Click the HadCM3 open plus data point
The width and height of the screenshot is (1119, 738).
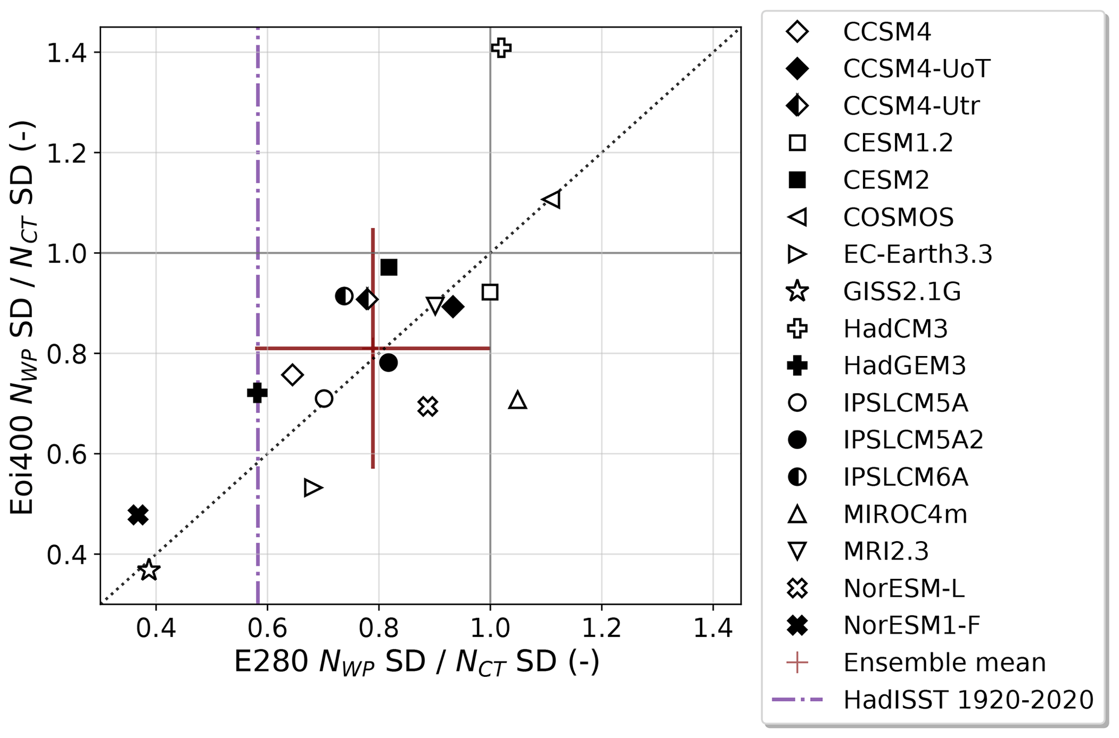pos(501,48)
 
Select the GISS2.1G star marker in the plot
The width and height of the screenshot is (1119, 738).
pos(149,570)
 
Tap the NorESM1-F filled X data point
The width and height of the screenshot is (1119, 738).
pos(138,515)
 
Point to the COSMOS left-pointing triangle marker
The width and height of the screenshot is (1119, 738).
pos(552,200)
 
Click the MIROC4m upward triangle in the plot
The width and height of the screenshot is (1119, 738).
pos(518,400)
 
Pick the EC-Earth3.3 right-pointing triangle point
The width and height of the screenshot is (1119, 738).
pos(312,487)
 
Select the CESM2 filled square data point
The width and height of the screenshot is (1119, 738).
pos(389,267)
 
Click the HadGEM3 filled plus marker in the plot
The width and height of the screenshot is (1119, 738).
pos(257,393)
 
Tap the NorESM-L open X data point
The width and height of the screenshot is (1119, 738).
pos(428,406)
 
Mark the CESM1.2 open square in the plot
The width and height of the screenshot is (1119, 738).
pos(490,292)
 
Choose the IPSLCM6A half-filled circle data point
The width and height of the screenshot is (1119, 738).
pos(344,296)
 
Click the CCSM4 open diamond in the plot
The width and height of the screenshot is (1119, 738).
pos(292,375)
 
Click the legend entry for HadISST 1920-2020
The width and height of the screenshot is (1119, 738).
pos(968,700)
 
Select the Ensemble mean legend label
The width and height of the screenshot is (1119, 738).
pos(944,662)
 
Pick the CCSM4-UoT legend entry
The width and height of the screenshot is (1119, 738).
pos(917,68)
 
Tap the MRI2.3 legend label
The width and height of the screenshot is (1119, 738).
pos(886,551)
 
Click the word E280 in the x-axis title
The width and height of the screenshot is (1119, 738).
pos(270,662)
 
